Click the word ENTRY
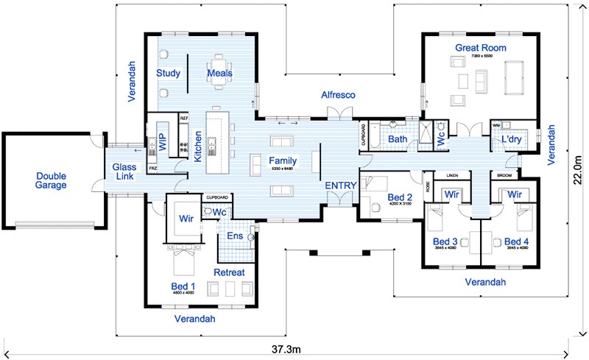[341, 186]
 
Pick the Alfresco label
[339, 95]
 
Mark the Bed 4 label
[515, 241]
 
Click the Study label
[169, 73]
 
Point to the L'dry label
[512, 138]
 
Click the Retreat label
[228, 272]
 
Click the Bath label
[398, 138]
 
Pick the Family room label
[282, 160]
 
